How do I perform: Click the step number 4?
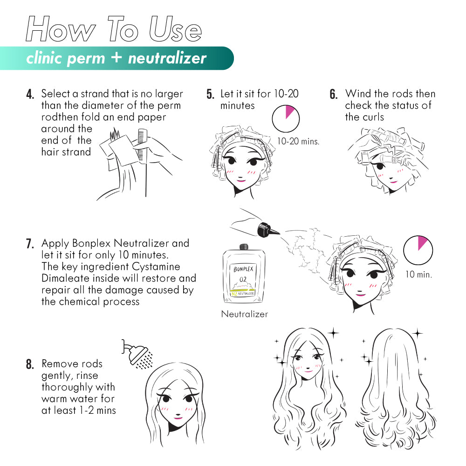click(x=30, y=95)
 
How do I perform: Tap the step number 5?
click(x=210, y=95)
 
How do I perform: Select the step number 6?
click(x=334, y=95)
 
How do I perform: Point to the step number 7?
click(x=30, y=244)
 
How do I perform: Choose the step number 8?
click(x=30, y=364)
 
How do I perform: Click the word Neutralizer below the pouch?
click(x=245, y=314)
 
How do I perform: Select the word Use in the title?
click(x=175, y=29)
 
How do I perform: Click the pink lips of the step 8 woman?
click(x=178, y=417)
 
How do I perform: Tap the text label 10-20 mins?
click(x=298, y=141)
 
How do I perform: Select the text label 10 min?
click(x=418, y=274)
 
